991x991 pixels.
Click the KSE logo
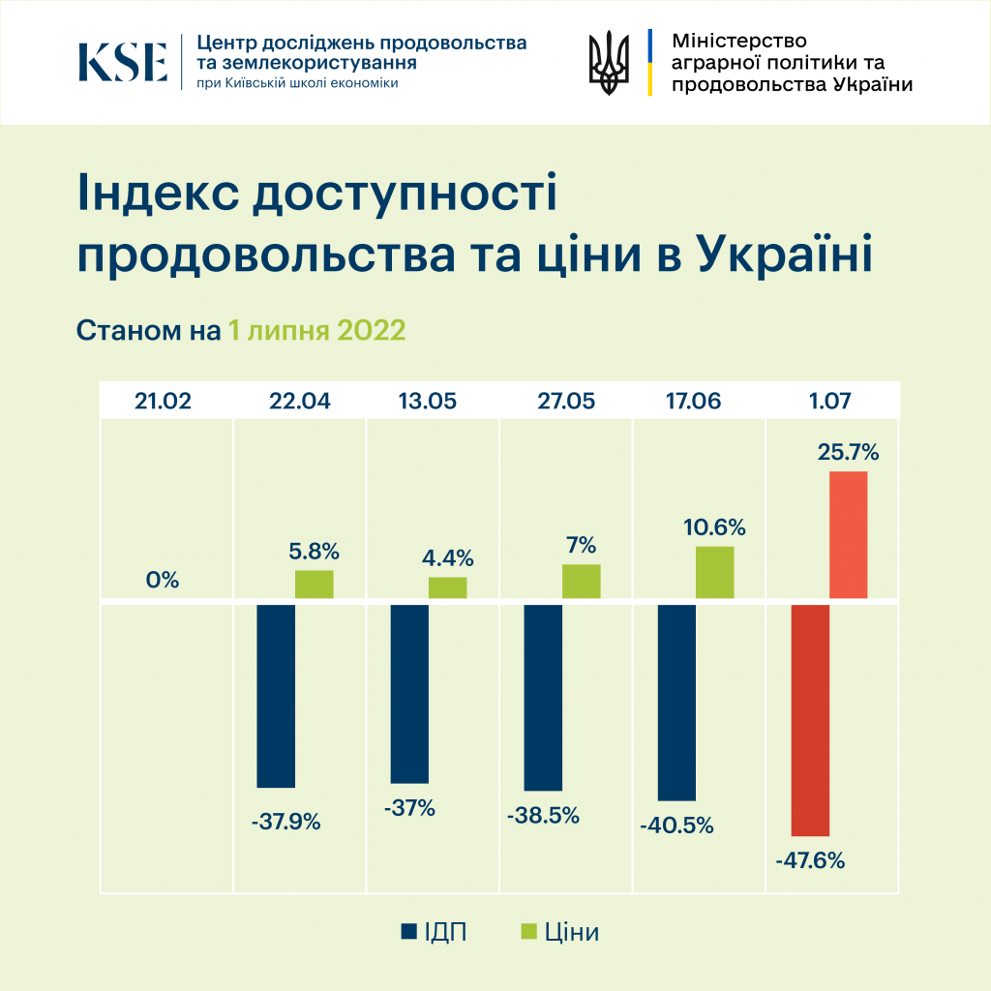[123, 61]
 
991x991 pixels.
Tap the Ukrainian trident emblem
[609, 62]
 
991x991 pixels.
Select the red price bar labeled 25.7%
[848, 534]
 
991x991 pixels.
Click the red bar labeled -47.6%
[810, 720]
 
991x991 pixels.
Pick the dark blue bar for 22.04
[276, 696]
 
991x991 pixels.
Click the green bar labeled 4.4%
[447, 587]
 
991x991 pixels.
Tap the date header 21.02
[164, 401]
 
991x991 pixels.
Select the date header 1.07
[831, 401]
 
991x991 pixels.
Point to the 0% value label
[164, 581]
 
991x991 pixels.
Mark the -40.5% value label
[676, 826]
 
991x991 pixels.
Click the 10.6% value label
[714, 527]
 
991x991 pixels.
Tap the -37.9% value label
[285, 824]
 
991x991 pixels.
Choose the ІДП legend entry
[434, 932]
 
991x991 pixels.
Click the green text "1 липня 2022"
[316, 330]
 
